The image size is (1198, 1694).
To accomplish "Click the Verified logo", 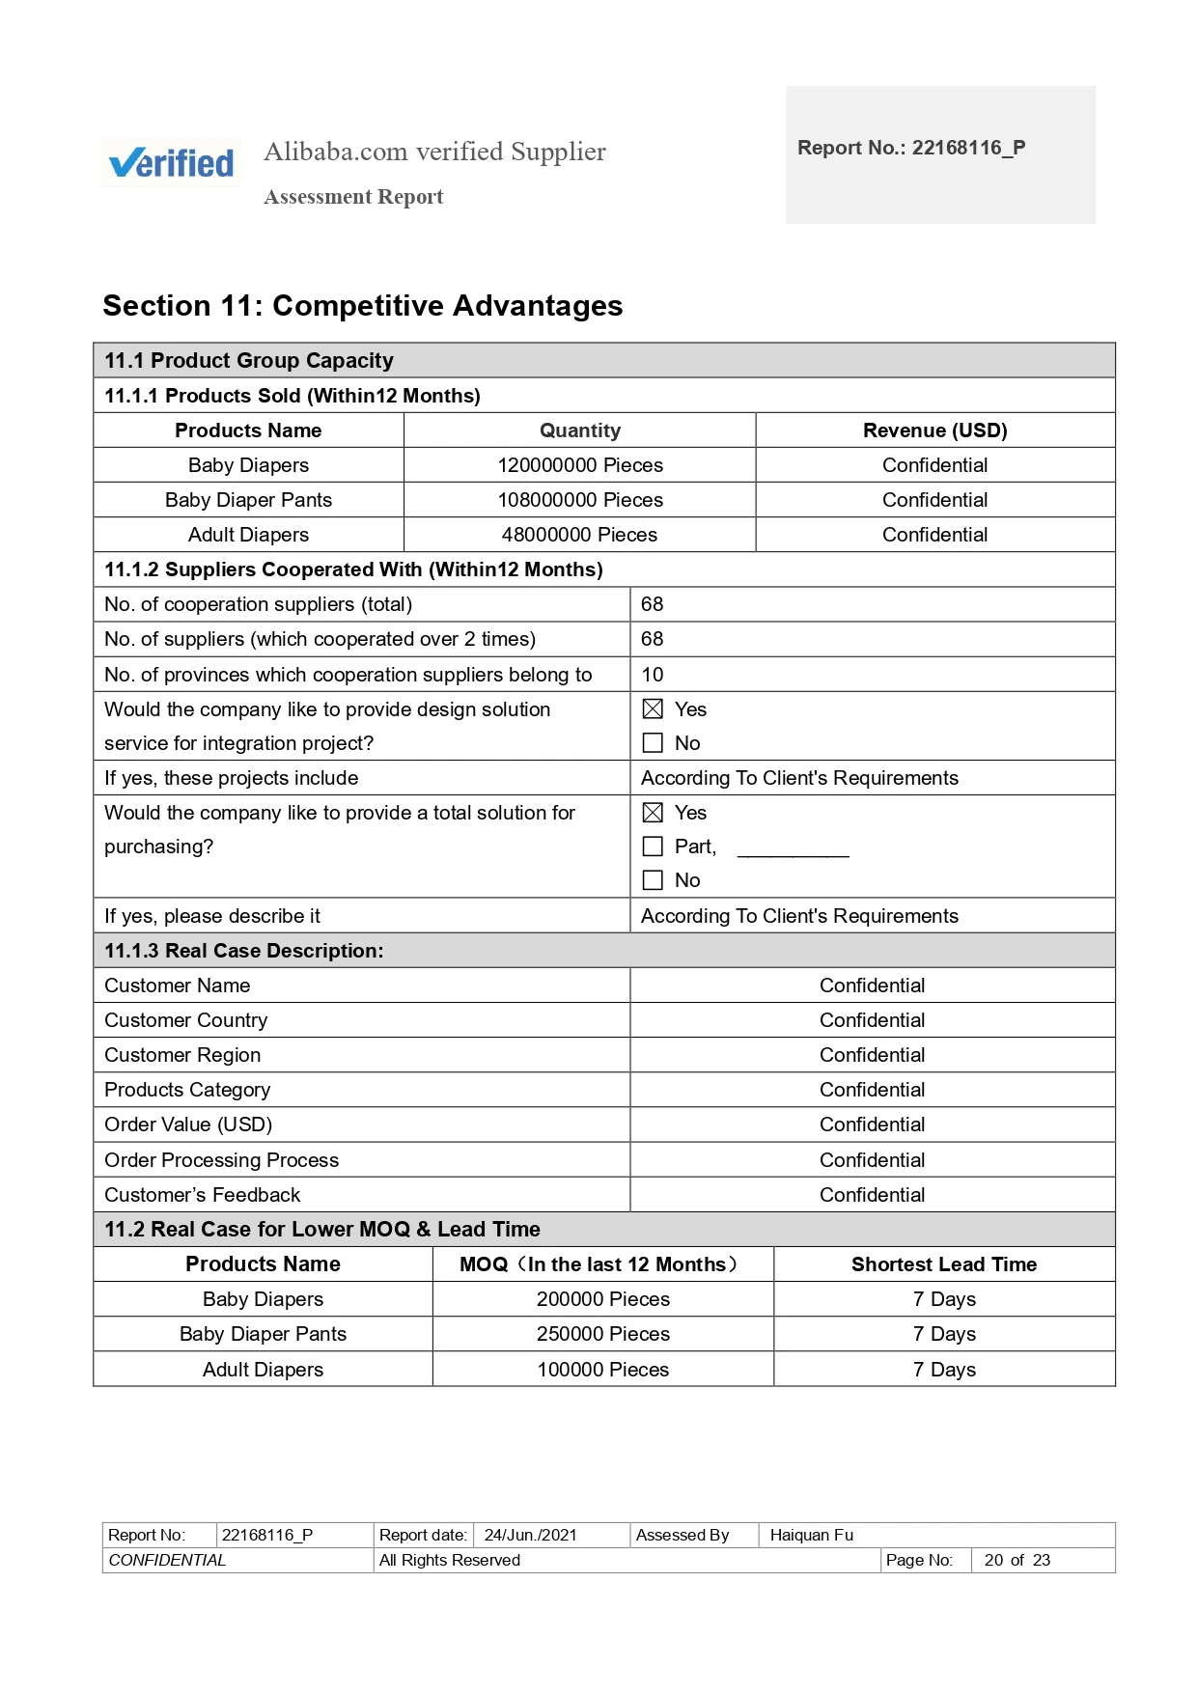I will pos(172,162).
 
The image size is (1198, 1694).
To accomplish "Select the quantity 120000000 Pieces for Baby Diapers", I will pos(579,465).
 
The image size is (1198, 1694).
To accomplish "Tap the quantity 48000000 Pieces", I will pos(579,535).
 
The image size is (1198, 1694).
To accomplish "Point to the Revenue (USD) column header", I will pos(934,430).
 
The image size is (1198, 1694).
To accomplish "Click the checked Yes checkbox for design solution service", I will pos(653,709).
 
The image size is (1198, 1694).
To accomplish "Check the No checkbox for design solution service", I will pos(653,743).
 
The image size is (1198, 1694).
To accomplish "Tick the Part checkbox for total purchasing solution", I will pos(653,847).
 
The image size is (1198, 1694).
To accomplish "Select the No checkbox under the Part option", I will pos(653,880).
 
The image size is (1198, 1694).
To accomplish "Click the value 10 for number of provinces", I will pos(653,675).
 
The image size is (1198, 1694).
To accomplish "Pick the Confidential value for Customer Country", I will pos(872,1020).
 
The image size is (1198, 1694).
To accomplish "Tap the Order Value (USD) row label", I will pos(188,1125).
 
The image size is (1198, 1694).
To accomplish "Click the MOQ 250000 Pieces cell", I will pos(602,1334).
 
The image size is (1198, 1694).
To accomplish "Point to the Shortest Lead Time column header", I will pos(943,1264).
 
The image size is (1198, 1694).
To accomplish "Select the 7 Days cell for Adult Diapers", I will pos(943,1370).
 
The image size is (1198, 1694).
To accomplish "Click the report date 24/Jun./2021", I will pos(530,1535).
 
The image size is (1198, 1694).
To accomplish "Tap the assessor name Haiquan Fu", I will pos(811,1535).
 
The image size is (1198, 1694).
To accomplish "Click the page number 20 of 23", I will pos(1017,1560).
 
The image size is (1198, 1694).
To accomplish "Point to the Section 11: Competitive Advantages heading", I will pos(362,306).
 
